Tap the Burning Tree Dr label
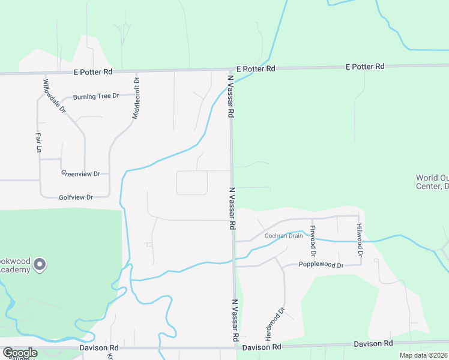[96, 97]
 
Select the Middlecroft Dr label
[136, 98]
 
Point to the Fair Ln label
[37, 142]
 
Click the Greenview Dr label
[80, 173]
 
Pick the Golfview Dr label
[76, 197]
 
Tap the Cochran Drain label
[284, 236]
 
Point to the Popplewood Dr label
[321, 265]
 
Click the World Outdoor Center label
[432, 182]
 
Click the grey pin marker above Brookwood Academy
[40, 264]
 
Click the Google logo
[19, 353]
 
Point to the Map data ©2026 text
[423, 355]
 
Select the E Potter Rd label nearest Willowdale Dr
[93, 72]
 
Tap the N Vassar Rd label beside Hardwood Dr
[235, 320]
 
